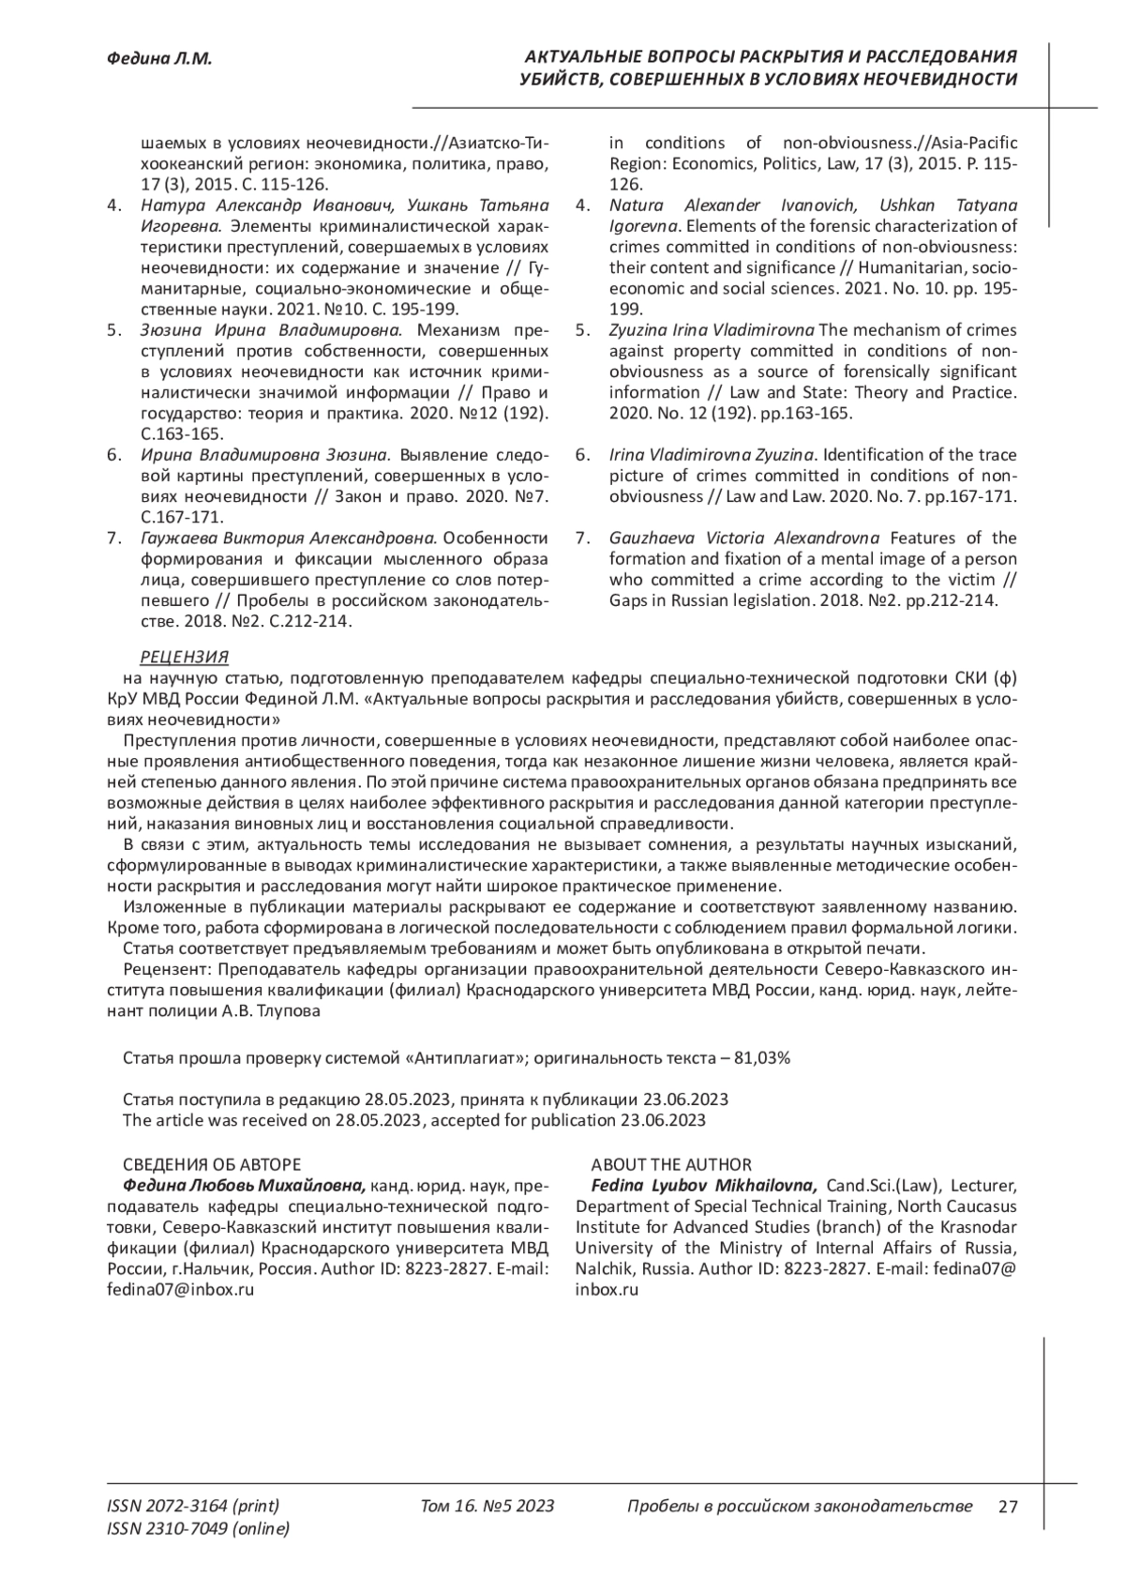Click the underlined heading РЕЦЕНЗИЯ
[x=184, y=657]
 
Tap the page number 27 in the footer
[x=1008, y=1508]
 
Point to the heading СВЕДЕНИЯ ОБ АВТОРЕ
[x=212, y=1165]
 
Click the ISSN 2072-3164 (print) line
[x=193, y=1507]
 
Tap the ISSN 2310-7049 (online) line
[x=199, y=1529]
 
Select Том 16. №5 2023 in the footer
[x=487, y=1507]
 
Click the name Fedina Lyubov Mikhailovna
[x=697, y=1186]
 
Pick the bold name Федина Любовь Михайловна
[x=238, y=1186]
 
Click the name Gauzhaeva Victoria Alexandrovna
[x=744, y=538]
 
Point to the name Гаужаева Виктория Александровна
[x=289, y=538]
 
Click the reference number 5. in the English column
[x=582, y=330]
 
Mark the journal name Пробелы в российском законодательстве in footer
[x=799, y=1507]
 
